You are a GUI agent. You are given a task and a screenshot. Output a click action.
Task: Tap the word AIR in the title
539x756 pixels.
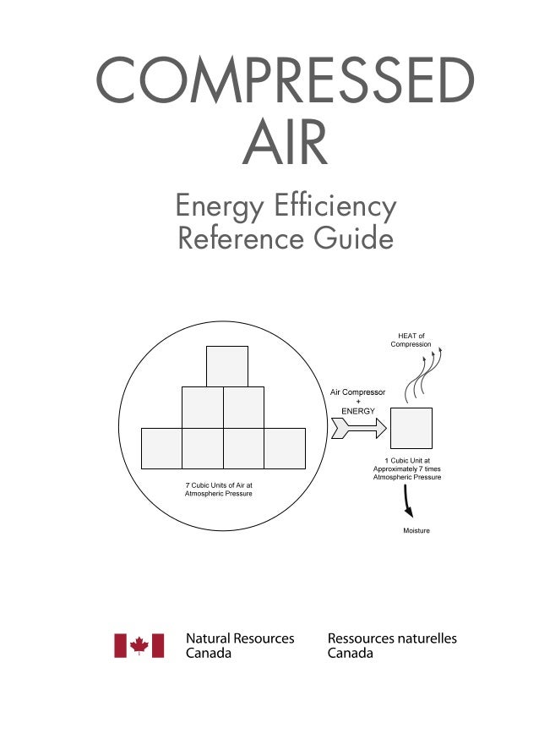tap(285, 145)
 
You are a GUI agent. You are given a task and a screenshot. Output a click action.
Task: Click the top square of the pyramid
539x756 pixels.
tap(227, 366)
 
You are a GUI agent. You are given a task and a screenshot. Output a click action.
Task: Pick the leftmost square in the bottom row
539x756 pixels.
tap(161, 448)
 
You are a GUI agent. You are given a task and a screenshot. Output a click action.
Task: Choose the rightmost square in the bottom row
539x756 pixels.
tap(285, 448)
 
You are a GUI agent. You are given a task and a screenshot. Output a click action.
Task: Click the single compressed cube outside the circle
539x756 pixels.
tap(411, 428)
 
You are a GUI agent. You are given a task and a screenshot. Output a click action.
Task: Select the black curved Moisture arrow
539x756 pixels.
tap(408, 503)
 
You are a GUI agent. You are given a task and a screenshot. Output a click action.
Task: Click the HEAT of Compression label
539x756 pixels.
tap(411, 340)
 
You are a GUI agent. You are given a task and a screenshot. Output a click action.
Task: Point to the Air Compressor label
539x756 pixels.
tap(357, 392)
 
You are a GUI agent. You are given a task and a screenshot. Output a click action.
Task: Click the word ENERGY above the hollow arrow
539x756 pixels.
tap(357, 410)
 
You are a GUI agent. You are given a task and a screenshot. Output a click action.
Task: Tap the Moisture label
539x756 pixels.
tap(416, 531)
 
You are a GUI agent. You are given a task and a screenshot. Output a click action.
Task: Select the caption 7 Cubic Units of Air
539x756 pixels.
tap(219, 485)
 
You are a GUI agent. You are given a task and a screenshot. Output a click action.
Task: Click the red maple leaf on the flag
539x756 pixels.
tap(139, 646)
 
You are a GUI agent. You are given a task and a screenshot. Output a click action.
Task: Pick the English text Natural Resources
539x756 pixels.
tap(240, 639)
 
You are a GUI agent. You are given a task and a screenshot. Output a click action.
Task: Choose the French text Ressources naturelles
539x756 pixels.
tap(392, 639)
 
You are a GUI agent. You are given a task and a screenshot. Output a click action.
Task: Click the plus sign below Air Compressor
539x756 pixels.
tap(357, 402)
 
